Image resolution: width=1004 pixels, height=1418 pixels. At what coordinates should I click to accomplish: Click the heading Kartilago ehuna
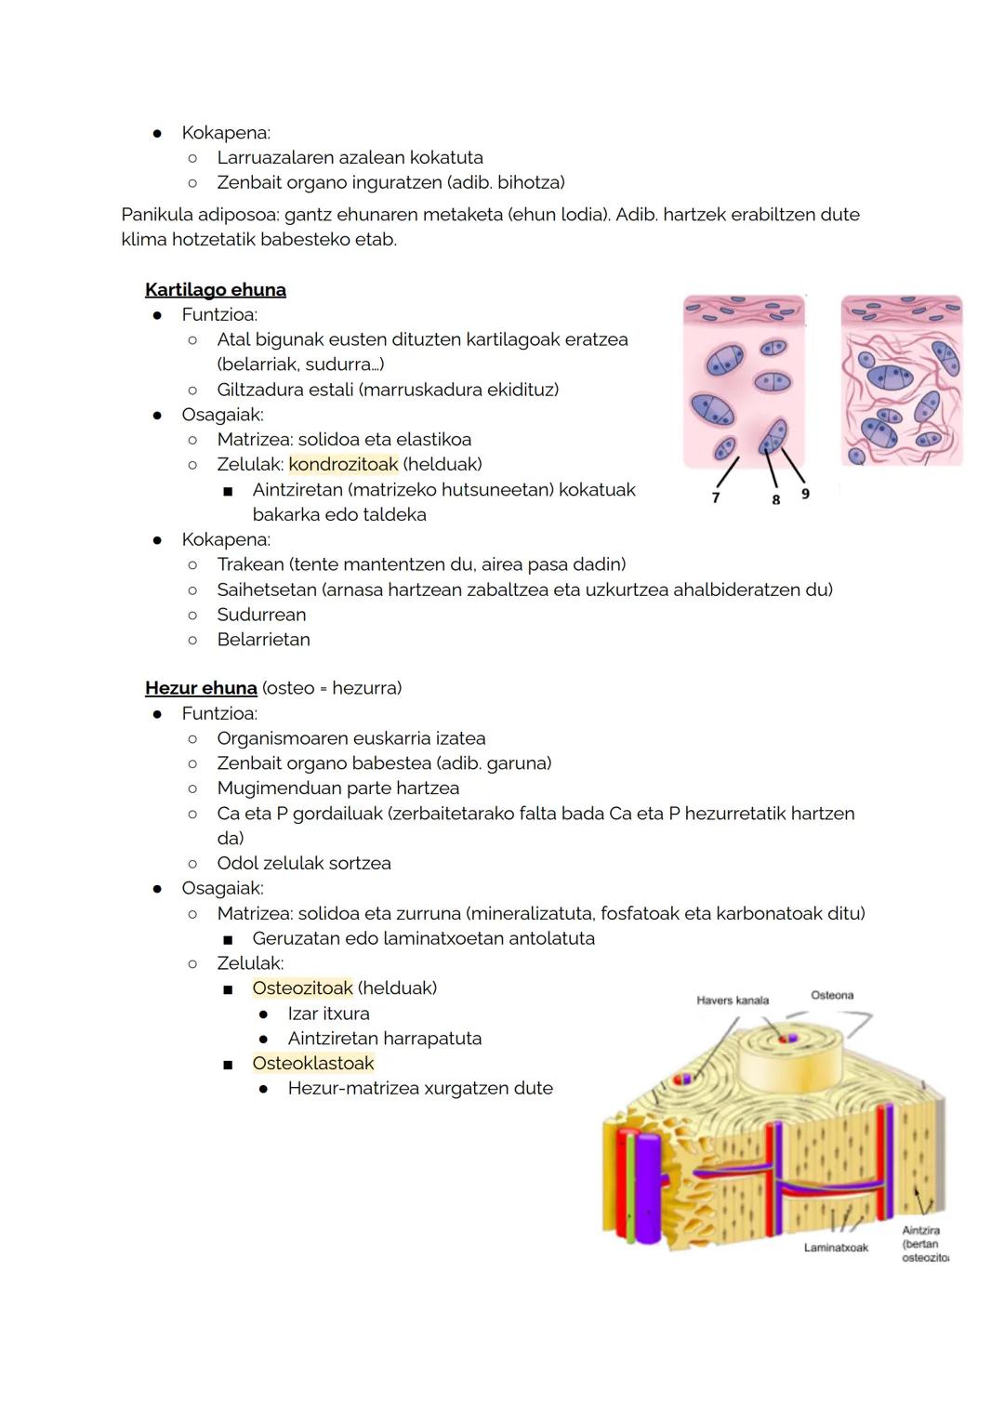click(215, 289)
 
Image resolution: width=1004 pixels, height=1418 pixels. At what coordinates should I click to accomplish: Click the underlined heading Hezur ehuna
click(201, 688)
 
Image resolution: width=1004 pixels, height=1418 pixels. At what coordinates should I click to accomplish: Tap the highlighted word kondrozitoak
click(343, 464)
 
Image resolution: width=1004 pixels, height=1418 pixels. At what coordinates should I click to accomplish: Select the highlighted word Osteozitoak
click(302, 987)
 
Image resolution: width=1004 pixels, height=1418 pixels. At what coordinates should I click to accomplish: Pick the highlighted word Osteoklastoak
click(312, 1063)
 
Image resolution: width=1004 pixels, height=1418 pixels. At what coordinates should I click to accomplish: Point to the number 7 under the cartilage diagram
click(715, 497)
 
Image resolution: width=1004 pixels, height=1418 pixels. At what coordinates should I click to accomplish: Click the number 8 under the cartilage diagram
click(775, 499)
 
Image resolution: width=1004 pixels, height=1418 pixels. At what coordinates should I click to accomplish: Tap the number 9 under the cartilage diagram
click(805, 494)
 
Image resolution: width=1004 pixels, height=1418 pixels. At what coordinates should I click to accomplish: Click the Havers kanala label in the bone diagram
click(733, 1001)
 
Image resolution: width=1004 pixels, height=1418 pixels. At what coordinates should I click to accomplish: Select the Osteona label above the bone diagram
click(832, 995)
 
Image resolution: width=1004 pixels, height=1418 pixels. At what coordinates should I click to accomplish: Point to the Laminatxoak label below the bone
click(836, 1248)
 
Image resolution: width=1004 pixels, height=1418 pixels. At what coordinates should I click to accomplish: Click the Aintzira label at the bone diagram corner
click(920, 1230)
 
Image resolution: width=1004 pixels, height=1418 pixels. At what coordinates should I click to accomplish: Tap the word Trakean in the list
click(250, 564)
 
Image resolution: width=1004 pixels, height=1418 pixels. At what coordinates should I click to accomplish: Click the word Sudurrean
click(261, 615)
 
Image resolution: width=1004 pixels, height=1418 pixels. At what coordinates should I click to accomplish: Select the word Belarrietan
click(263, 640)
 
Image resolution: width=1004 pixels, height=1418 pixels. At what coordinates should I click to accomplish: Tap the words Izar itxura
click(328, 1014)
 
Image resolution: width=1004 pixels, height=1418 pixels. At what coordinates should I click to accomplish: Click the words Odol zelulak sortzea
click(304, 863)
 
